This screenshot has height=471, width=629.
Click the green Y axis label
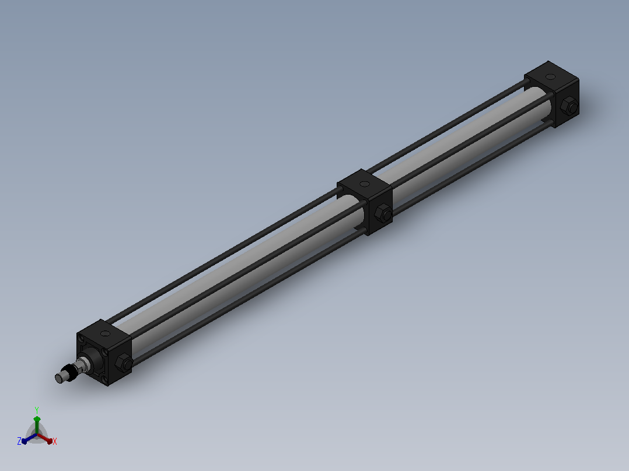pos(37,410)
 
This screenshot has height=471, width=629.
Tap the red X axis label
pos(55,441)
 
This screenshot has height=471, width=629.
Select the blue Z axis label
pos(19,441)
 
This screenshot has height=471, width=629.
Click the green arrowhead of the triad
pos(37,419)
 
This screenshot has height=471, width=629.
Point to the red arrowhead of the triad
pos(49,441)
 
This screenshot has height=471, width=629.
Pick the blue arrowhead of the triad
pos(25,441)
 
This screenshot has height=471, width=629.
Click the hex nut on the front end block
pos(124,363)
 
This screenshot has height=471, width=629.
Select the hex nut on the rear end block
pos(569,106)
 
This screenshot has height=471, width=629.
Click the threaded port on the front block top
pos(106,333)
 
